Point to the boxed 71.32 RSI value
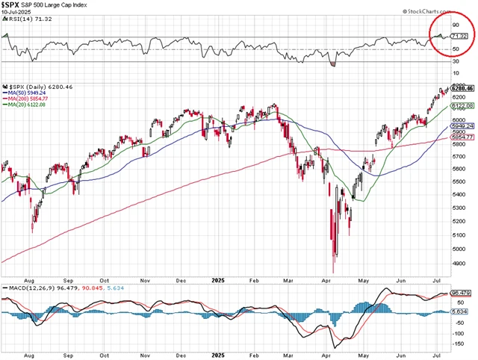tap(463, 36)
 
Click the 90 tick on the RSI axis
tap(455, 25)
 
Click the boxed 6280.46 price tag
tap(464, 88)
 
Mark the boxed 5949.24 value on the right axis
tap(464, 127)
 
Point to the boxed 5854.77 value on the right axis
tap(464, 137)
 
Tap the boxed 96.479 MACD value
tap(464, 293)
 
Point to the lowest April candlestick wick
tap(333, 272)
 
